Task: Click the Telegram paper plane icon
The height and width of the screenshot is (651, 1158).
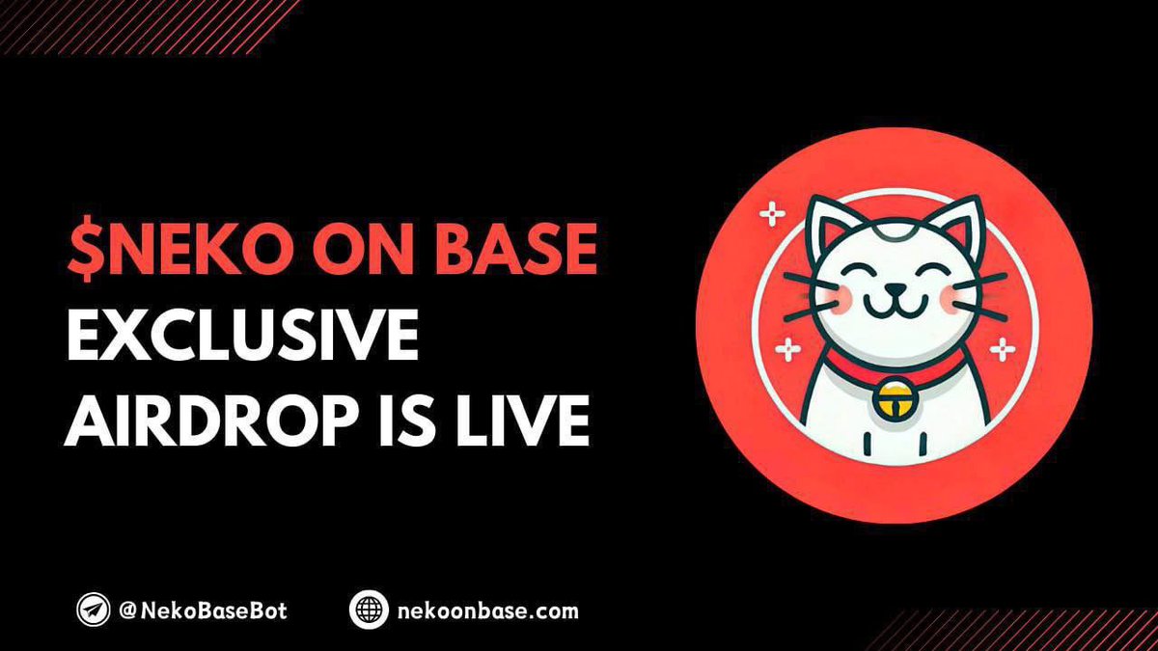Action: tap(94, 610)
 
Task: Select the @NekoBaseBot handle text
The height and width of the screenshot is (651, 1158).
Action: tap(203, 610)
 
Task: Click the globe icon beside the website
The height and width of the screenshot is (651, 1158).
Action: tap(368, 610)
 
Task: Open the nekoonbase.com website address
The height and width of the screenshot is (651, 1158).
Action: tap(487, 610)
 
